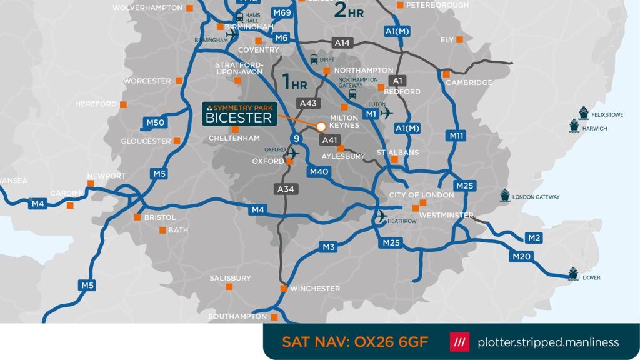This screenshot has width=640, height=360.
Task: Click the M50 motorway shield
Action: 155,123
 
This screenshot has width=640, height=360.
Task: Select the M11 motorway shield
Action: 457,136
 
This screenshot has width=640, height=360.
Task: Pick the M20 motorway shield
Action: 521,256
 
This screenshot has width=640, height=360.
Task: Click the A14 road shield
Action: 342,43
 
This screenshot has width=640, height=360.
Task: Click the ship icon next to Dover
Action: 573,274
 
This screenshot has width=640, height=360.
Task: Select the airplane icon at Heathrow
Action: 381,216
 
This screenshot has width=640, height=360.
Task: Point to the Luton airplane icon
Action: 387,113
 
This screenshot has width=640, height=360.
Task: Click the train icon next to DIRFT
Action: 314,59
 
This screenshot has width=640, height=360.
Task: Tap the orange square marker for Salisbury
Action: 229,287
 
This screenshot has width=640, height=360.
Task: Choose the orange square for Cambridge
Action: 446,74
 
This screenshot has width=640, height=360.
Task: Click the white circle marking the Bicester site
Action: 321,126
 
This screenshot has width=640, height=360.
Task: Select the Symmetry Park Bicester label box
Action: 241,113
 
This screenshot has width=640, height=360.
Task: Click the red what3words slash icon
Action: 459,342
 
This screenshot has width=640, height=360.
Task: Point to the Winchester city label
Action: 315,289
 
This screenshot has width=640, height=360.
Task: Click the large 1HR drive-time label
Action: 295,82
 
